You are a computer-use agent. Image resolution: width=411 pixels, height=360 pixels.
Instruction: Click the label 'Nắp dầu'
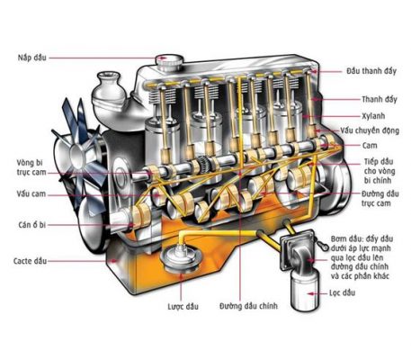32,58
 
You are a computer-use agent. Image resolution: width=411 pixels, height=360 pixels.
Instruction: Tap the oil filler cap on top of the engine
169,62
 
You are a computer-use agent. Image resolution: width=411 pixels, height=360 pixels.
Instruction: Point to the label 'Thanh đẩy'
380,99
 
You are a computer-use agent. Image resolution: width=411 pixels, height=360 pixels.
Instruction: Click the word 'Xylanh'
373,116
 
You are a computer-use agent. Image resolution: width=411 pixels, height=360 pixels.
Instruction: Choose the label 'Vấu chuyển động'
370,130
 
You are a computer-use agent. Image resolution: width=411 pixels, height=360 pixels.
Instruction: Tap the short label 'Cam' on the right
370,146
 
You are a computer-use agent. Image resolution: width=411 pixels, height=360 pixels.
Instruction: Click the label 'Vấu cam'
31,193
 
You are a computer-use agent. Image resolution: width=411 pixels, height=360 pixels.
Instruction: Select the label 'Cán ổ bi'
32,225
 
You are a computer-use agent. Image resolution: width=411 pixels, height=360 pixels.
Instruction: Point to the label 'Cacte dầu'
30,261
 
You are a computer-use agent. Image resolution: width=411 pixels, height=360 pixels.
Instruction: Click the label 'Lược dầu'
183,306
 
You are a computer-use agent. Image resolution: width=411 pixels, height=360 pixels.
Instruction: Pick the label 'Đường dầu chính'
248,306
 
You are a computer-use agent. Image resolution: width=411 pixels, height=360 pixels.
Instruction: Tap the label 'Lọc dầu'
342,292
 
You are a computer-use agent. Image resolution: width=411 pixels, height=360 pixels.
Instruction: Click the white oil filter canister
305,292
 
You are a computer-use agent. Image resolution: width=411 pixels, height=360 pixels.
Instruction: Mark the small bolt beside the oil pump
322,245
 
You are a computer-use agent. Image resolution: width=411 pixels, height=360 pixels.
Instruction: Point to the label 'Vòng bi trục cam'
31,167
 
